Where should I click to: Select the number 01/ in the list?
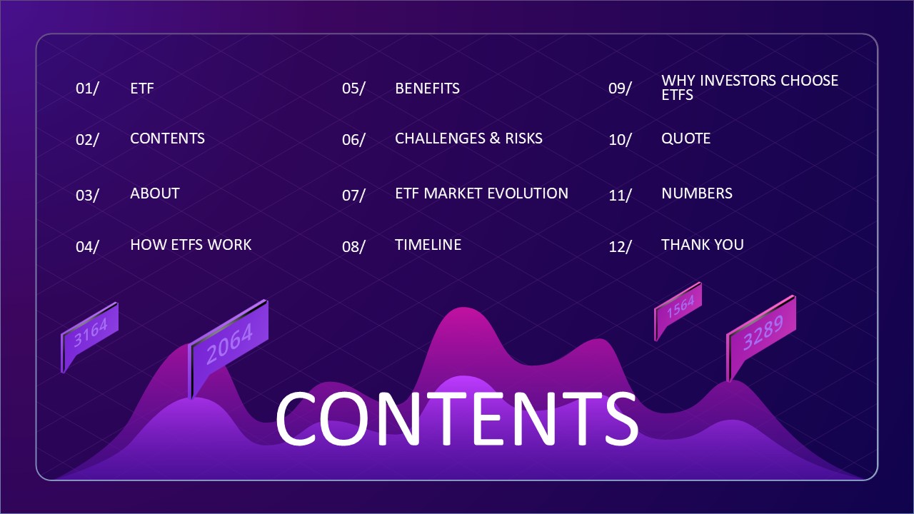click(87, 89)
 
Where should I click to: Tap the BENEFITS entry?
click(427, 89)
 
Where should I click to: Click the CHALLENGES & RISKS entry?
click(468, 138)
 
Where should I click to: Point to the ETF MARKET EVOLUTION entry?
click(481, 193)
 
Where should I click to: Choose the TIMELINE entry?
click(428, 245)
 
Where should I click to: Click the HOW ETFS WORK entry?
click(191, 245)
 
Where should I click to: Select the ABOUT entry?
click(154, 193)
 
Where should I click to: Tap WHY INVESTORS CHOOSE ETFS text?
click(749, 87)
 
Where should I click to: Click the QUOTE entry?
click(685, 138)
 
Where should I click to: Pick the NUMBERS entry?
click(696, 193)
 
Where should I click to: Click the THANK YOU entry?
click(702, 245)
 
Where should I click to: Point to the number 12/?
click(620, 247)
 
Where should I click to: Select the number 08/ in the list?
click(353, 247)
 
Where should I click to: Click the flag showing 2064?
click(230, 343)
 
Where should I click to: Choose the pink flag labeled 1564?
click(680, 308)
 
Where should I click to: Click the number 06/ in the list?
click(353, 140)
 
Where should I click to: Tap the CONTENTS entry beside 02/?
click(167, 138)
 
